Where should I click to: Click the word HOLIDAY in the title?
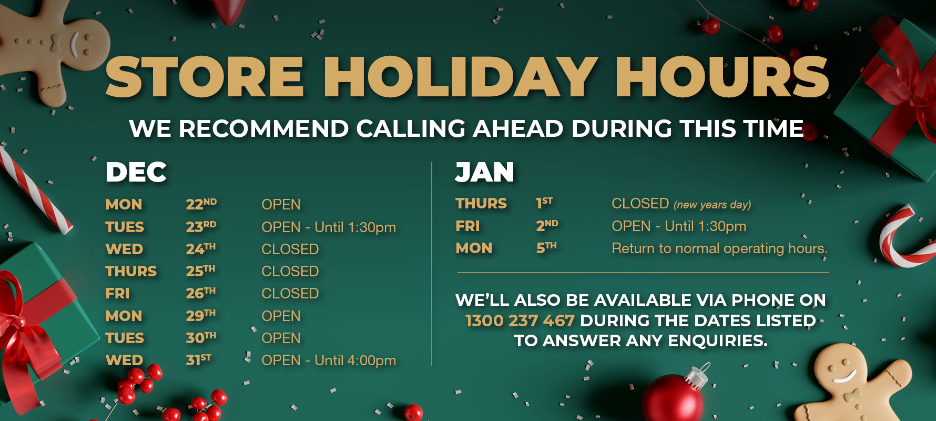click(461, 77)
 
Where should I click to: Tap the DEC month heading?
click(136, 172)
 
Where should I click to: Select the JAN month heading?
click(484, 172)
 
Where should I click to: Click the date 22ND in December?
click(201, 204)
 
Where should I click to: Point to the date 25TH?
click(200, 271)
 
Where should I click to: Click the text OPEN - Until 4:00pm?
click(329, 360)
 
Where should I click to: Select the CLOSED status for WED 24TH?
click(290, 249)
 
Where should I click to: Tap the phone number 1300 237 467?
click(520, 320)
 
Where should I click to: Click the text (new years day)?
click(713, 205)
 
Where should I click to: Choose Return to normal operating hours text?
click(720, 248)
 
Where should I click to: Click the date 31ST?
click(198, 360)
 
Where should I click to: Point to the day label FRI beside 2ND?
click(467, 226)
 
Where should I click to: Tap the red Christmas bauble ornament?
click(673, 398)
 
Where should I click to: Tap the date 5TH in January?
click(546, 248)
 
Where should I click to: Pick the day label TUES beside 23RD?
click(125, 227)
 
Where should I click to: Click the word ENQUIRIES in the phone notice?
click(717, 341)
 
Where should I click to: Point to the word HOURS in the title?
click(722, 77)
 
